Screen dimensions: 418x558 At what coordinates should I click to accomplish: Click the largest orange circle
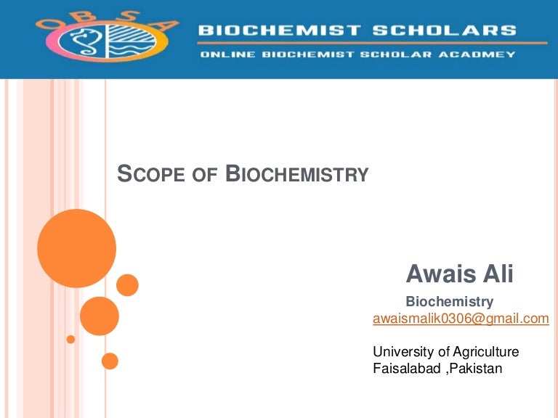[76, 248]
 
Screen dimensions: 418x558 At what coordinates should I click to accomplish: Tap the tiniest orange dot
[70, 339]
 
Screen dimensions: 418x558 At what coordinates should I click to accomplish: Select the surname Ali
[497, 274]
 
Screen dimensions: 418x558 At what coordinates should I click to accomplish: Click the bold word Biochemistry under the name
[449, 301]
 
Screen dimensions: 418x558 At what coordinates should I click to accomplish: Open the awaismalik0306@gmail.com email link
[461, 319]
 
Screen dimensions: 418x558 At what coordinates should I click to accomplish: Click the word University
[400, 352]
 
